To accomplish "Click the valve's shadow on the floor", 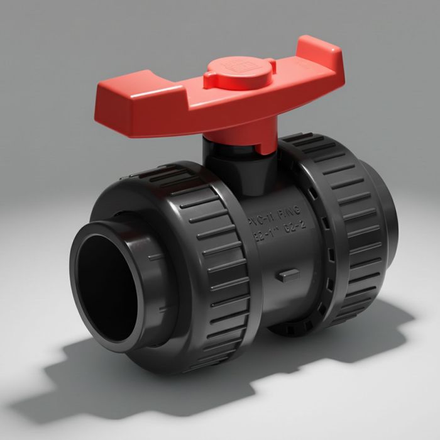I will point(126,383).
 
